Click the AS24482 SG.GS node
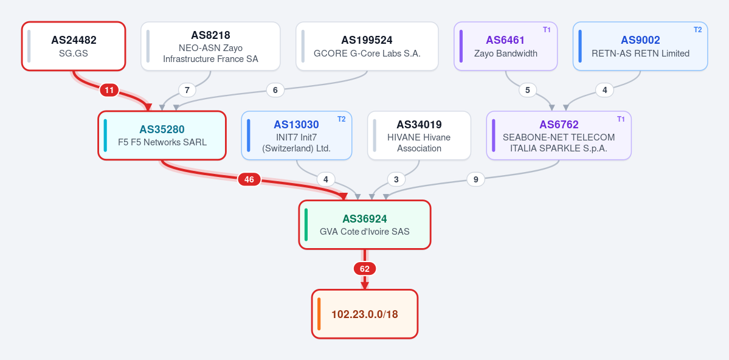74,46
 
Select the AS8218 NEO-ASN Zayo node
210,46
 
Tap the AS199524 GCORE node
367,46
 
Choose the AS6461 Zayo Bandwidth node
505,46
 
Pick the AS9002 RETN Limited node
640,46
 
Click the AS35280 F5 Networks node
162,136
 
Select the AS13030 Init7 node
296,136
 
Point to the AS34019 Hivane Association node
419,136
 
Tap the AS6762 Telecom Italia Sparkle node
559,136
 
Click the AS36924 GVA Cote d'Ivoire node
365,224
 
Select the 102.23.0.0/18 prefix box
365,314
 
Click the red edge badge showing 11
109,90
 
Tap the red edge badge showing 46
249,179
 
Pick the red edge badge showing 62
365,269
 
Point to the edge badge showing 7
187,90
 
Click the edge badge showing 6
275,90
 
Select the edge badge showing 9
475,179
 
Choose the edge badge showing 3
396,179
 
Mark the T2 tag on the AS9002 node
698,30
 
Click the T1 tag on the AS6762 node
621,119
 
